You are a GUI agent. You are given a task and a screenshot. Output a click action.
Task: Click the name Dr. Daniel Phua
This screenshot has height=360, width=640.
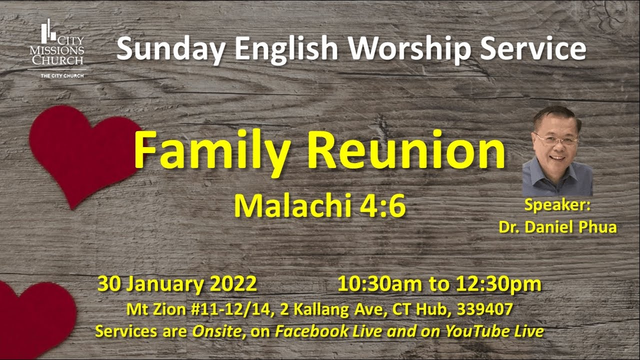coord(557,226)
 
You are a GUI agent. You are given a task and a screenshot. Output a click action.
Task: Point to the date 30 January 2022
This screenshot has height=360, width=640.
coord(177,283)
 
